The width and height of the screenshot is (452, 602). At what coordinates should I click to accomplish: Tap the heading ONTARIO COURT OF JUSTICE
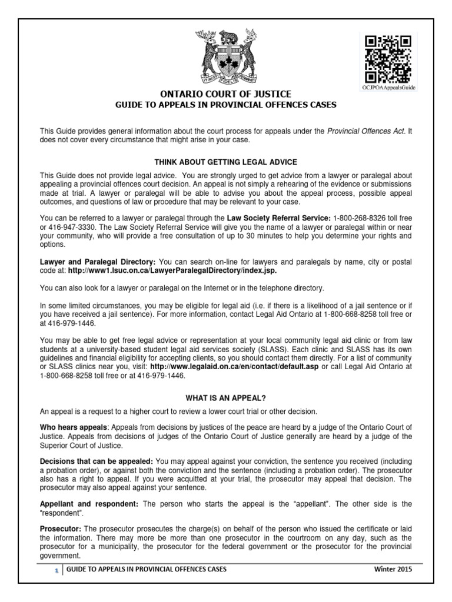click(226, 95)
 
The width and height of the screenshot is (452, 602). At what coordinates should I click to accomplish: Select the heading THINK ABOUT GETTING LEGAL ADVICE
click(226, 161)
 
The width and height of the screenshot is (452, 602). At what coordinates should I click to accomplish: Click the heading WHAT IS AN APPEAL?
click(226, 397)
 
